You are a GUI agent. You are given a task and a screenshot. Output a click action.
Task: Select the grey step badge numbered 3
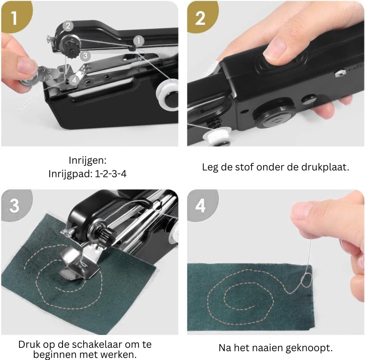click(x=16, y=205)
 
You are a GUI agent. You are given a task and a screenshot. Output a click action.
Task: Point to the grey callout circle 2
click(x=68, y=26)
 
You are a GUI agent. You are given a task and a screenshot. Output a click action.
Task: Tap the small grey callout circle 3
click(x=85, y=56)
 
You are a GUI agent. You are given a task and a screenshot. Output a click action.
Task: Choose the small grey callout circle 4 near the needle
click(x=74, y=80)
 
